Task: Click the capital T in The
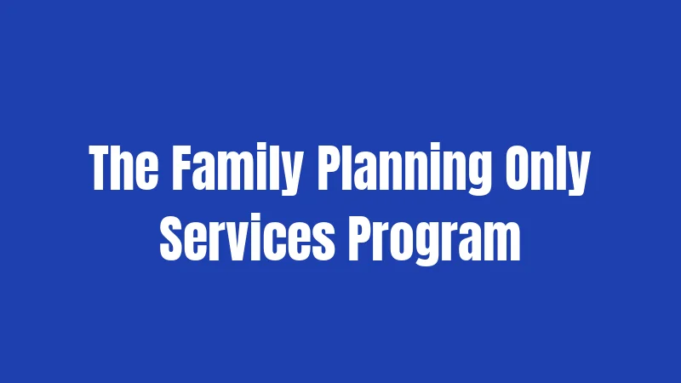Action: tap(100, 168)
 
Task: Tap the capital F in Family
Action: tap(182, 168)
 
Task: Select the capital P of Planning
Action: tap(329, 168)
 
